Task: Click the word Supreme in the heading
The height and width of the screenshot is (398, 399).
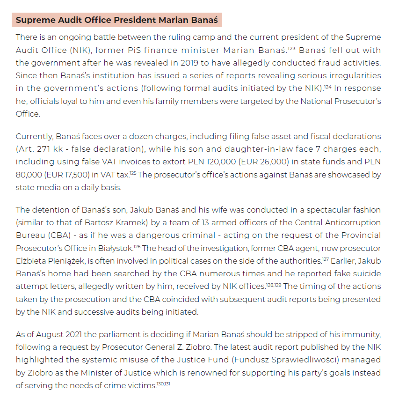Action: pos(34,21)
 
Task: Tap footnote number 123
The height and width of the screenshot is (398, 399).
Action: pos(291,48)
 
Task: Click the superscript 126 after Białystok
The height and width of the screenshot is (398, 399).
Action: pos(137,245)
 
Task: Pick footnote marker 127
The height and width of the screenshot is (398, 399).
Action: pos(326,258)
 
